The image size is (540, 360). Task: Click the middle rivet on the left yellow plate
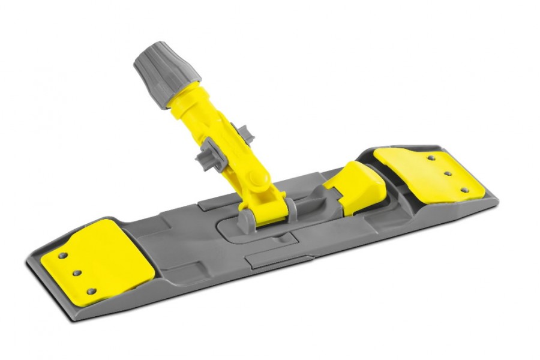(77, 273)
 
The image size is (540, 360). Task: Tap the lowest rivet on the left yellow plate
(91, 291)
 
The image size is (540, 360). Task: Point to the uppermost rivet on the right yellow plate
(431, 158)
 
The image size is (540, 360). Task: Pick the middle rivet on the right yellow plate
(447, 173)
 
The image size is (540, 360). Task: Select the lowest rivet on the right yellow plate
(463, 190)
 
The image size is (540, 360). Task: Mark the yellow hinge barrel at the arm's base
(269, 207)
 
